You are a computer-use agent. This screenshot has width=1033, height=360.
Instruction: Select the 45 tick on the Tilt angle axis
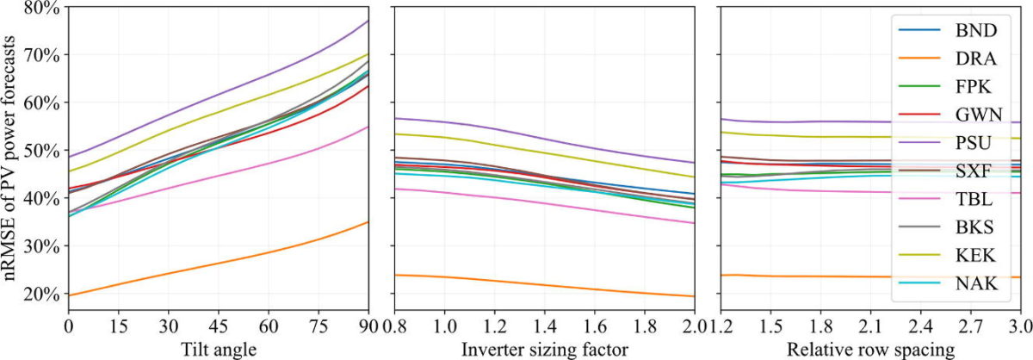[x=219, y=327]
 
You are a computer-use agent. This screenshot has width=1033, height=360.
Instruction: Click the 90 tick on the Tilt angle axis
[x=368, y=327]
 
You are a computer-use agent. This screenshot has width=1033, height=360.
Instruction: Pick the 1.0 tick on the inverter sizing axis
[x=444, y=327]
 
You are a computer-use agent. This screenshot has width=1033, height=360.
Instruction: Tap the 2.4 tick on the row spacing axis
[x=921, y=327]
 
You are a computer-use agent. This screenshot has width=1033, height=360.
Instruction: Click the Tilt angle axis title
[x=219, y=349]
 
